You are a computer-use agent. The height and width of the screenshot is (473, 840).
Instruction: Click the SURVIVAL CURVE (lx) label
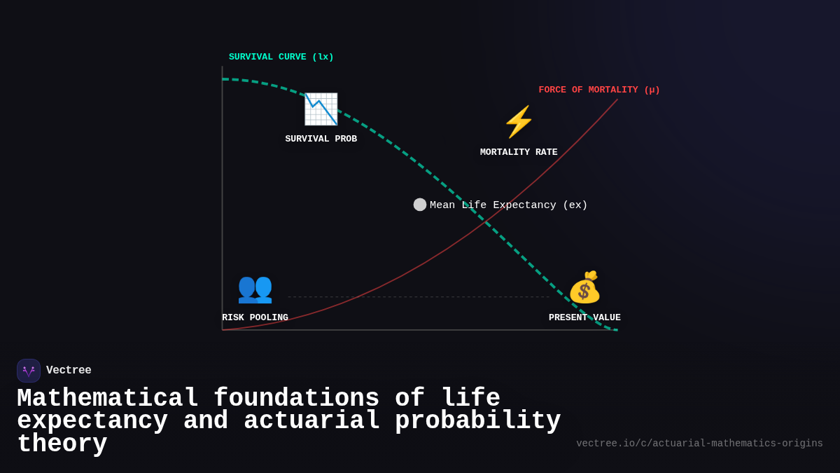coord(281,57)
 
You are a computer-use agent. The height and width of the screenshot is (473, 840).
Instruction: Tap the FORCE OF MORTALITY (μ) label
coord(599,90)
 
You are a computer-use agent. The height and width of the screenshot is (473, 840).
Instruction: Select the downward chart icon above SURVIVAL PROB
coord(321,109)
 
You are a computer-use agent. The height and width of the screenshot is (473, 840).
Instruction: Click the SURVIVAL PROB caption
coord(321,139)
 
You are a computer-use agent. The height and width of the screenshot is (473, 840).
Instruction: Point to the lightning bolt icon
coord(519,122)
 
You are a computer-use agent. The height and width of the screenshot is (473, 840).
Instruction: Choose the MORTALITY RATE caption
coord(519,152)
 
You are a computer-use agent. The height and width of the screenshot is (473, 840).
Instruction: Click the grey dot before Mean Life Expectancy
coord(420,205)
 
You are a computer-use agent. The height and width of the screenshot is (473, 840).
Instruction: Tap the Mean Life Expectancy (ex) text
coord(508,205)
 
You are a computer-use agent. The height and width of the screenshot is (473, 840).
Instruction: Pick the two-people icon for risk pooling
coord(255,287)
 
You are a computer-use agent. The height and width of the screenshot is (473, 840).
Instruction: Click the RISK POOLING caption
coord(255,317)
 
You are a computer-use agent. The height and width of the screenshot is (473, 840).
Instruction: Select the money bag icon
coord(584,287)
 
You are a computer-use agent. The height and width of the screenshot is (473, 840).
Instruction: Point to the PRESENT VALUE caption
coord(584,317)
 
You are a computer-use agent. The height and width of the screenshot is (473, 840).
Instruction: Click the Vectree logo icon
coord(29,371)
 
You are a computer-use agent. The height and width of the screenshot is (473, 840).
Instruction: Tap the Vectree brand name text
coord(69,370)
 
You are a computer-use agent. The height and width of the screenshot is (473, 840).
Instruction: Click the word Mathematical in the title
coord(108,398)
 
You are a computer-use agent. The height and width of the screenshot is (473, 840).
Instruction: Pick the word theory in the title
coord(62,444)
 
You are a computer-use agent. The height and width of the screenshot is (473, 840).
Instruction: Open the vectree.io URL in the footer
coord(699,444)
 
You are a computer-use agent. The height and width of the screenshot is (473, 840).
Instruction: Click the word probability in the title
coord(477,420)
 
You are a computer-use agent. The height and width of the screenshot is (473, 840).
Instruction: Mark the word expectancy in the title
coord(92,420)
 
